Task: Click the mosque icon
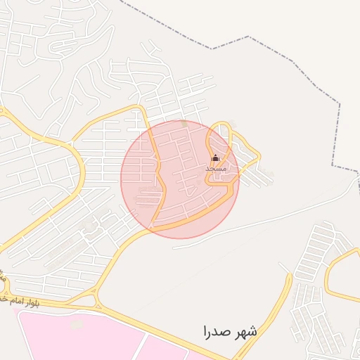point(215,158)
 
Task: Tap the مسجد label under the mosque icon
point(216,169)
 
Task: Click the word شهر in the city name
point(243,330)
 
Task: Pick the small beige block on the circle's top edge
point(184,124)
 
